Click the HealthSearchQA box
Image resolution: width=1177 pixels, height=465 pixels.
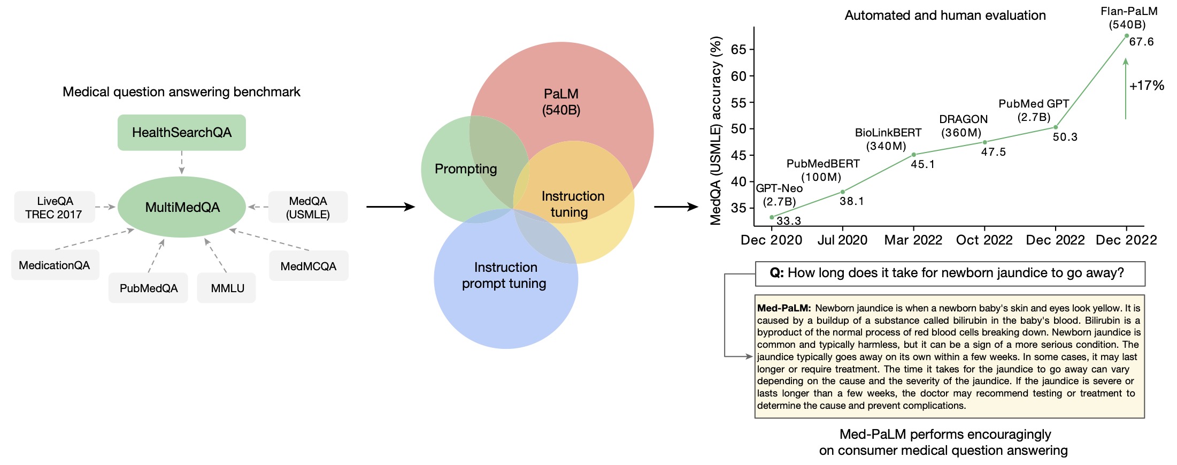(x=182, y=132)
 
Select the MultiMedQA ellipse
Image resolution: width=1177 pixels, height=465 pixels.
(x=182, y=207)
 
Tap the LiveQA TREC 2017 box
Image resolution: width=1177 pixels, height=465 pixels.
(x=55, y=207)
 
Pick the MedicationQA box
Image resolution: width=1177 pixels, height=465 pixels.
(x=55, y=265)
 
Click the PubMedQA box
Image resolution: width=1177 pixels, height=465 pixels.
(x=148, y=288)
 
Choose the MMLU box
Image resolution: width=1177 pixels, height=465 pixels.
(x=226, y=288)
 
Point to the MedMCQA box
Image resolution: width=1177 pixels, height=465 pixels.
(x=309, y=266)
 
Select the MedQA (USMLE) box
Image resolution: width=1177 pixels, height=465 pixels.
(x=308, y=207)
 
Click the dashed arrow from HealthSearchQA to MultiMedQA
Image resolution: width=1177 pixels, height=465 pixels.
(x=182, y=163)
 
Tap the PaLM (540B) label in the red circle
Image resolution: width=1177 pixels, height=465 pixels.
(x=561, y=102)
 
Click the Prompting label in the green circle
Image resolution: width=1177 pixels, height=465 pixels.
(x=466, y=169)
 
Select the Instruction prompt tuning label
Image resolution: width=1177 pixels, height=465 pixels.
(x=505, y=275)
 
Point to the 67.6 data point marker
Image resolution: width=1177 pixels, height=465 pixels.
(x=1126, y=36)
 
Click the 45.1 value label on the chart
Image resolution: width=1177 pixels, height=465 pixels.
(x=923, y=164)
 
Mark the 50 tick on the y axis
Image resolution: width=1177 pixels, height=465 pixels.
(x=738, y=129)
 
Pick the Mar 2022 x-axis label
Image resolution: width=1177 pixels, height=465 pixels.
(x=913, y=240)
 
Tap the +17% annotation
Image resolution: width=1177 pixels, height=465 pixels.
(x=1147, y=86)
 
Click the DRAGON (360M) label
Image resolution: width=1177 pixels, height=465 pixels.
(x=963, y=126)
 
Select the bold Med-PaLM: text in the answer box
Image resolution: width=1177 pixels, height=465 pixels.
(x=784, y=308)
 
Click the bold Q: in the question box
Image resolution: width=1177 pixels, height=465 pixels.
(x=776, y=273)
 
